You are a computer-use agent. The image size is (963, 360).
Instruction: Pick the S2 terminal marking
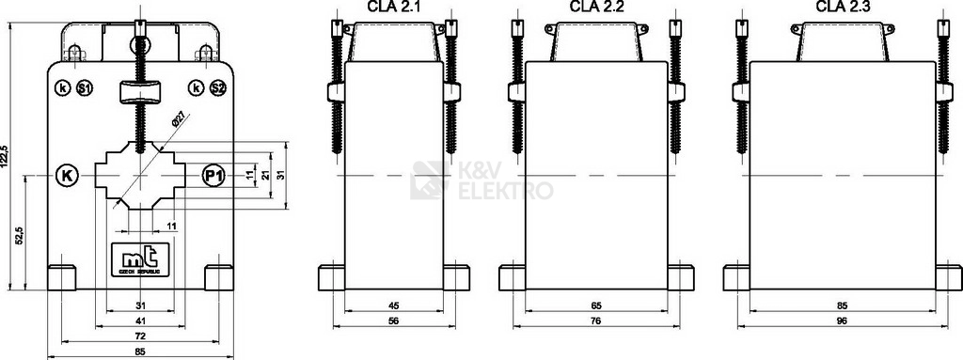(217, 88)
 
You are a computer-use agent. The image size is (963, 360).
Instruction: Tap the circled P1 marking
(213, 176)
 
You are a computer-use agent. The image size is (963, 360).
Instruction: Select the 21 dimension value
(266, 176)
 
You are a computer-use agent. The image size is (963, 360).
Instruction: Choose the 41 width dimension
(140, 321)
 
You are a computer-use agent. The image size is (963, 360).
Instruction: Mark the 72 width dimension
(140, 335)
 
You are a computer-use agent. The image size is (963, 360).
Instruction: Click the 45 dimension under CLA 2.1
(394, 306)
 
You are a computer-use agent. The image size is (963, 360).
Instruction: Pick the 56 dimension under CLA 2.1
(394, 321)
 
